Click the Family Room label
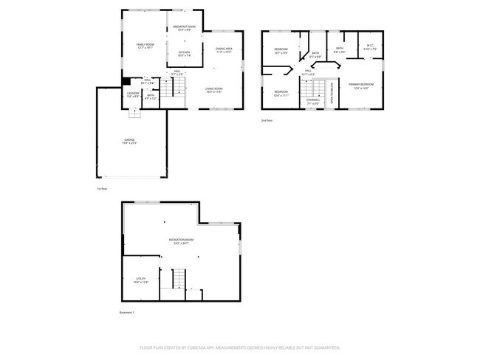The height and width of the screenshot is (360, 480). pos(145,46)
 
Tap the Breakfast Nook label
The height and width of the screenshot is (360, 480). pos(185,28)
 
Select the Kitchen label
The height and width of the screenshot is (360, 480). pos(185,53)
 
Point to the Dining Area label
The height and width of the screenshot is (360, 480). pos(224,50)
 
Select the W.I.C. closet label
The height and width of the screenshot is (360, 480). pos(370,48)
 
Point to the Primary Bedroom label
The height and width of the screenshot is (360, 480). pos(361,86)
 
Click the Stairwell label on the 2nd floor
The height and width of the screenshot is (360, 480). pos(313,103)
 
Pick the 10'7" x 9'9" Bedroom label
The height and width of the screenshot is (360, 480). pos(281,51)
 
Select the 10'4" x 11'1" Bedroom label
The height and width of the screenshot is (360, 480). pos(281,93)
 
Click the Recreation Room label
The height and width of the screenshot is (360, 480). pos(181,241)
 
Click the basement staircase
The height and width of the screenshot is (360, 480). pos(178,280)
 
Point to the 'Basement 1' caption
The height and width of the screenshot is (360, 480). pos(127,313)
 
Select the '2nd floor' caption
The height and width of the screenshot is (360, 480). pos(267,120)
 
